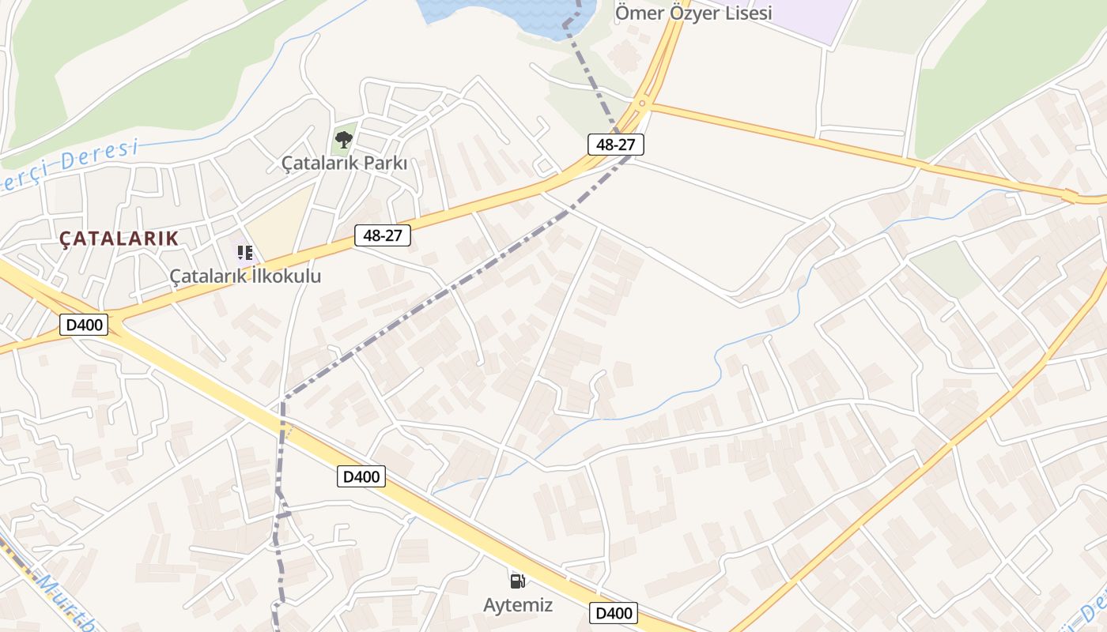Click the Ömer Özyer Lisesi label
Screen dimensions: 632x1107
click(693, 13)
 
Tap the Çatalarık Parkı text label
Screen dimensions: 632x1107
click(344, 164)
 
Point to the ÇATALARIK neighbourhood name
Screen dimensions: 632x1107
click(119, 238)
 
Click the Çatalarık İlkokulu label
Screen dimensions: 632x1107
click(245, 276)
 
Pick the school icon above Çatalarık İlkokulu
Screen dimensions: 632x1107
click(245, 253)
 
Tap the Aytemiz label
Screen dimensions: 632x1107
click(518, 605)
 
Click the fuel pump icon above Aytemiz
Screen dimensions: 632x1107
click(518, 582)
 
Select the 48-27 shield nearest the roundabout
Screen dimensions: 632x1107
click(616, 145)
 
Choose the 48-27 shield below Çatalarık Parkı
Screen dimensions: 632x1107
click(383, 235)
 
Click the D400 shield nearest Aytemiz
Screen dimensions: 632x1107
click(614, 613)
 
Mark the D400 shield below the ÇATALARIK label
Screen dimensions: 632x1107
click(84, 324)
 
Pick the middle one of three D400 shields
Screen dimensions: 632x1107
click(361, 476)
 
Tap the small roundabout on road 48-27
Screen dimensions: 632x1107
click(642, 103)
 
